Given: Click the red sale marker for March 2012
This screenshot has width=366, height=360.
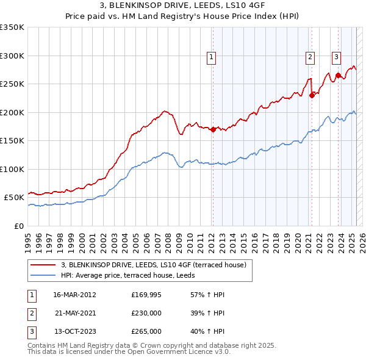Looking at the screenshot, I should pos(213,129).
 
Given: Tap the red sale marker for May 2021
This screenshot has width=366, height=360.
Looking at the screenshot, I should pos(312,95).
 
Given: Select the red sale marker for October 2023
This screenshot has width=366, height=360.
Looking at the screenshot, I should pos(337,75).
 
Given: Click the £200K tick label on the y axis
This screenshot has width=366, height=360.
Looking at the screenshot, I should pos(12,112).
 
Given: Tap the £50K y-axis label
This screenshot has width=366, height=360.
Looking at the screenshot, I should pos(14,198).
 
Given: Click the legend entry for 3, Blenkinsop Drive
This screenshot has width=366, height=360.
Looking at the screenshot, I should pos(153,265).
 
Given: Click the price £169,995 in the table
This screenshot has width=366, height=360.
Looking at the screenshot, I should pos(146,294).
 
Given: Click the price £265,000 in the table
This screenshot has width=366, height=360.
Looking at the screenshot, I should pos(146,332).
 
